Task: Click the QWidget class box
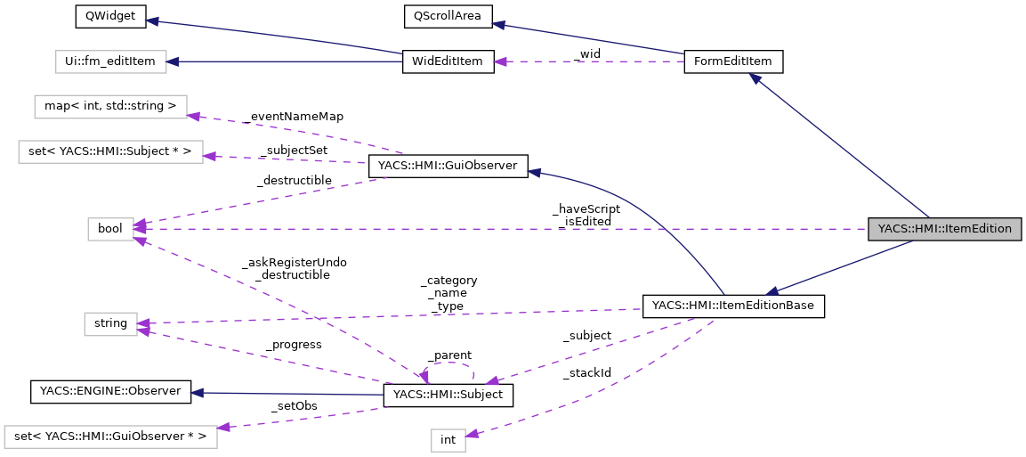[x=98, y=17]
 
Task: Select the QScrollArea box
[x=443, y=17]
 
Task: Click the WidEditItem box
[x=448, y=61]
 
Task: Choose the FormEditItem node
[x=733, y=61]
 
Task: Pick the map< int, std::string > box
[x=110, y=107]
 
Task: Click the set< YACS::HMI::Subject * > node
[x=110, y=151]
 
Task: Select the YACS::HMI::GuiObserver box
[x=448, y=165]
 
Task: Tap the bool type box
[x=110, y=229]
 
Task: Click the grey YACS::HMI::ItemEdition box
[x=945, y=228]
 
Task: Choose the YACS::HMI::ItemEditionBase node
[x=733, y=306]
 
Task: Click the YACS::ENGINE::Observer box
[x=110, y=391]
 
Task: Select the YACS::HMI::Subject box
[x=448, y=395]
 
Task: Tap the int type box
[x=448, y=439]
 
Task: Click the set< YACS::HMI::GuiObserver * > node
[x=110, y=437]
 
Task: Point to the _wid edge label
[x=587, y=54]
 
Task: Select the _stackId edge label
[x=586, y=373]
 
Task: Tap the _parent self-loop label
[x=448, y=355]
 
